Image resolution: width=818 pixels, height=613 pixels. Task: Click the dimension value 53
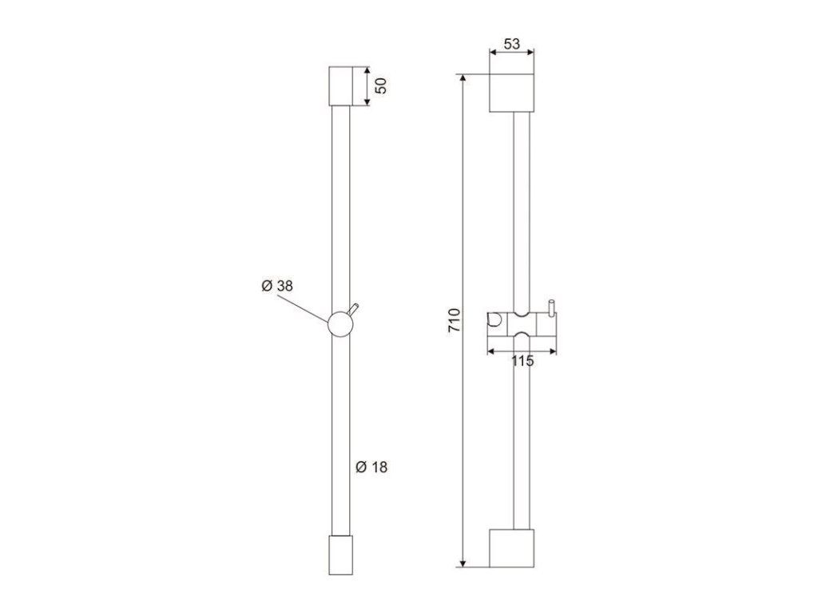[x=512, y=44]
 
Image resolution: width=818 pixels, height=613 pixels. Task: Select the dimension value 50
[x=382, y=85]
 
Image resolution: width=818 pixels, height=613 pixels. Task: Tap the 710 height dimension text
[x=455, y=321]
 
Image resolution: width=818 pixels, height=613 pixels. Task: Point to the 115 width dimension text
[x=522, y=361]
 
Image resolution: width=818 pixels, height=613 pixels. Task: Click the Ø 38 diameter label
[x=277, y=286]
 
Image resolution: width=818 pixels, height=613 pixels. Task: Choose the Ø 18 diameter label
[x=371, y=467]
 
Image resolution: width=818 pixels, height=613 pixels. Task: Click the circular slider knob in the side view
[x=340, y=324]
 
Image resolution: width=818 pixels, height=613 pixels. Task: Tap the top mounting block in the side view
[x=340, y=86]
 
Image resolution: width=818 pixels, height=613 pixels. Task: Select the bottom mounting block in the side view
[x=340, y=555]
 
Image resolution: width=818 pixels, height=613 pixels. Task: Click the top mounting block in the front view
[x=512, y=93]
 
